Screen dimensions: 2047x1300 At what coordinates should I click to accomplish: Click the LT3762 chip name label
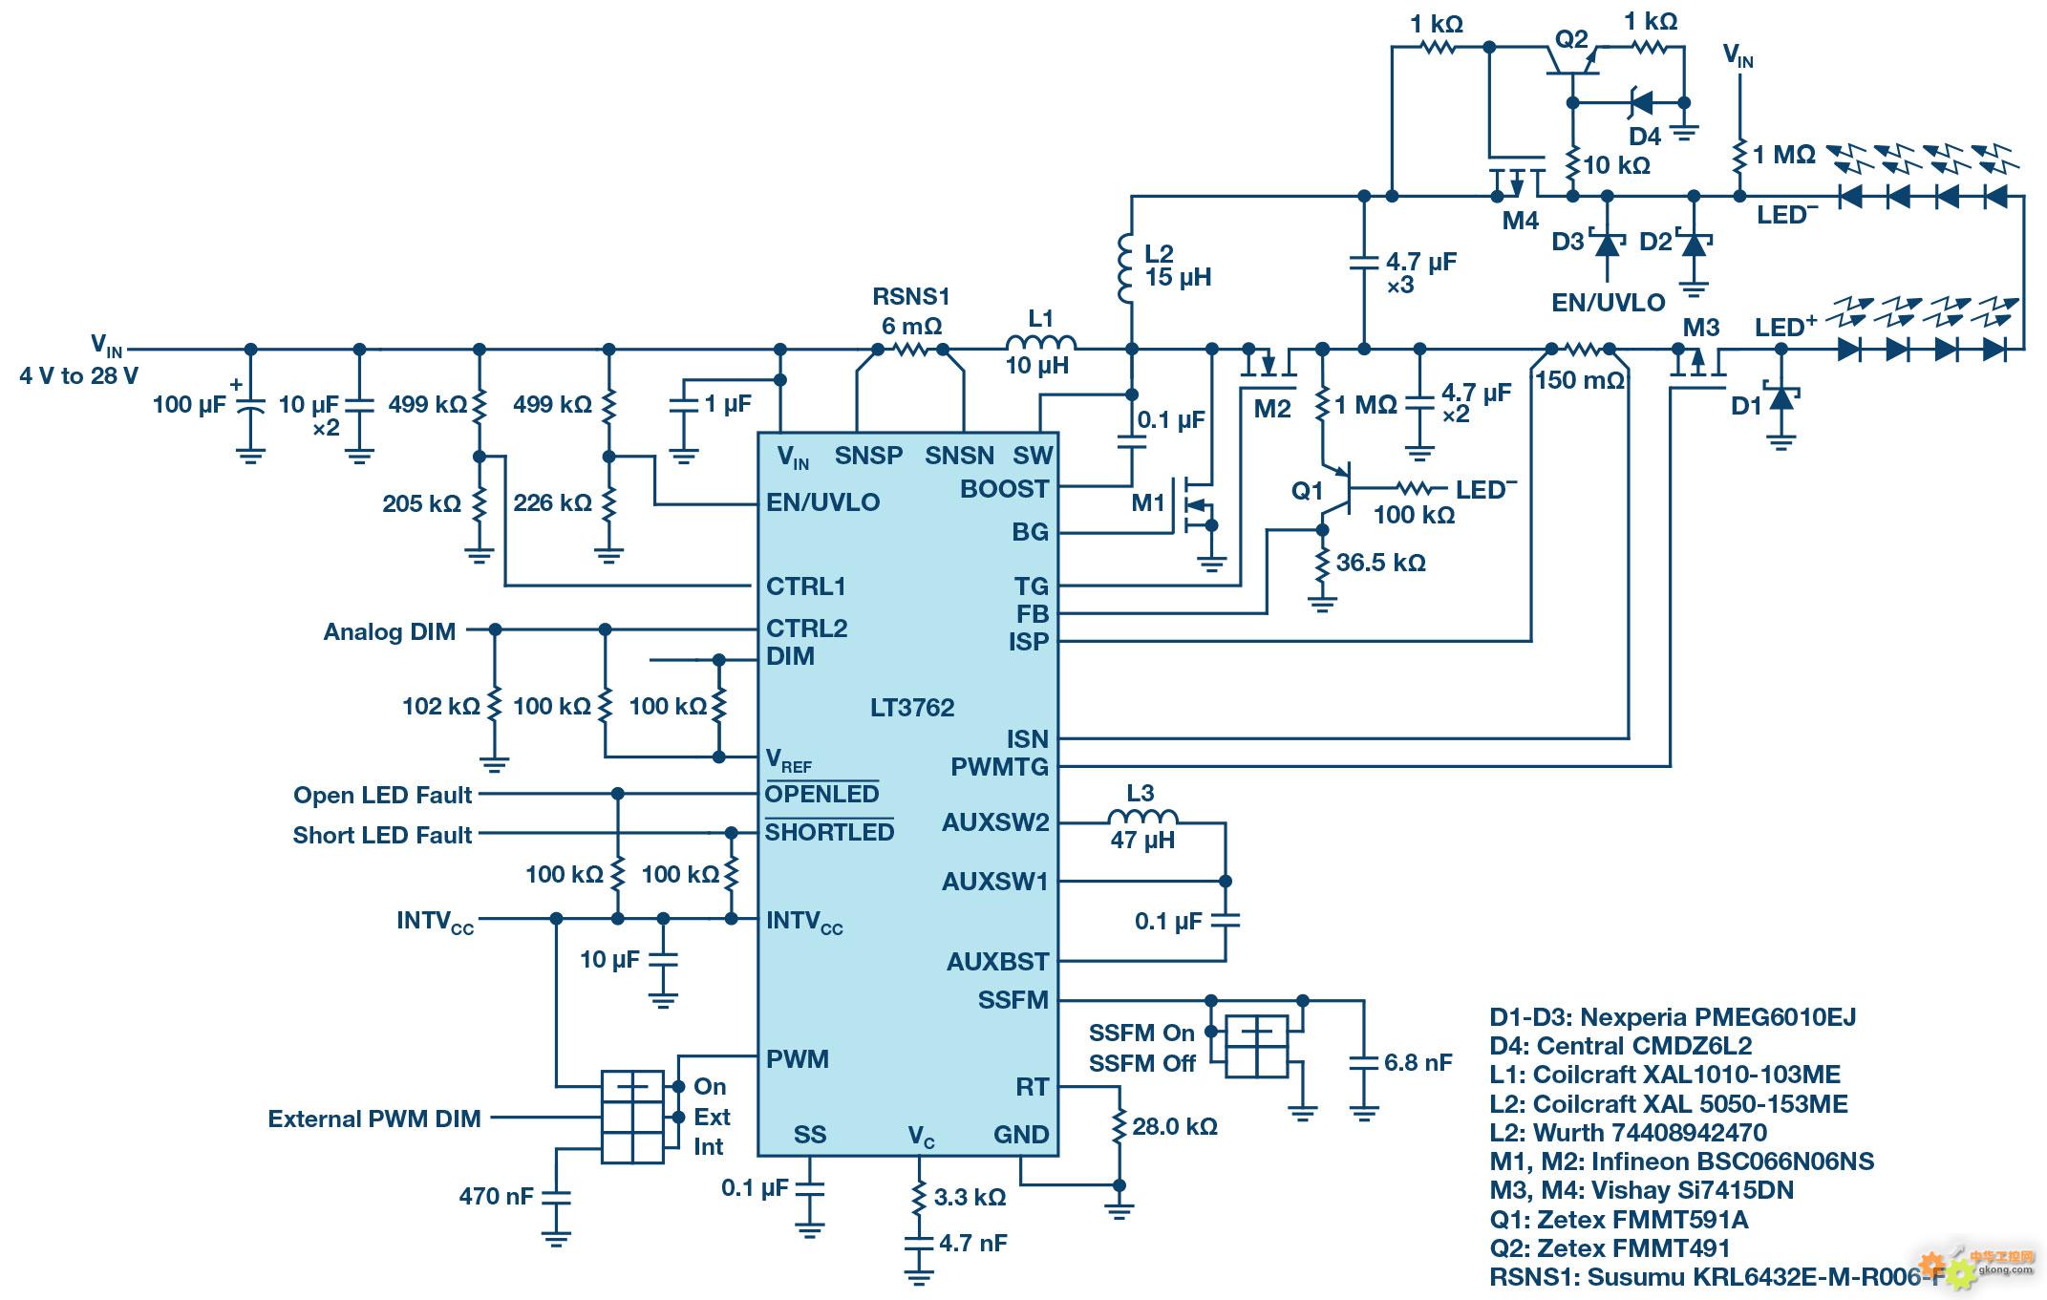point(911,708)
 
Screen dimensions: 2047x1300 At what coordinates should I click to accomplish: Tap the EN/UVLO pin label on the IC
point(822,502)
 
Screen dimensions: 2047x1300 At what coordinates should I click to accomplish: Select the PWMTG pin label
point(999,767)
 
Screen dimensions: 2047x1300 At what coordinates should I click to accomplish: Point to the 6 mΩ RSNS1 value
point(911,327)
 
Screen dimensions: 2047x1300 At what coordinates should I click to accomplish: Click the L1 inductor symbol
point(1040,344)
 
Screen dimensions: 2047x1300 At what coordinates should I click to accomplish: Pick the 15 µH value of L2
point(1178,278)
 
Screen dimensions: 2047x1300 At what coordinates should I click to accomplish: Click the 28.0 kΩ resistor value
point(1175,1127)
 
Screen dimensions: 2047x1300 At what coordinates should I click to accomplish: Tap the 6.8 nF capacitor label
point(1418,1062)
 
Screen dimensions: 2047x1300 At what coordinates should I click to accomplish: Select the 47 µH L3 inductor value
point(1142,841)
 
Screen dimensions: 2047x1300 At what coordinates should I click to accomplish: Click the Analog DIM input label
point(389,632)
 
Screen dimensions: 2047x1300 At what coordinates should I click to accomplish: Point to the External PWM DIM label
point(374,1119)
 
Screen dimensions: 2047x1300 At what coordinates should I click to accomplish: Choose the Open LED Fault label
point(382,796)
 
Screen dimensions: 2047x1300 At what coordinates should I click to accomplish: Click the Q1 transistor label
point(1307,491)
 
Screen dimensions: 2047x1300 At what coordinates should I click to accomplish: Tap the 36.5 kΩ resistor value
point(1380,563)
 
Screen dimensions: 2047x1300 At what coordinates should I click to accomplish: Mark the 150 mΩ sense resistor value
point(1580,380)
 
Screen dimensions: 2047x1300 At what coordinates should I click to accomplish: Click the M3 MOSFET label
point(1700,329)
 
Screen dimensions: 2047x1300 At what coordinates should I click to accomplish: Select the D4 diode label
point(1645,137)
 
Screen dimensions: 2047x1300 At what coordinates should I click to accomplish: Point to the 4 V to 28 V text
point(78,376)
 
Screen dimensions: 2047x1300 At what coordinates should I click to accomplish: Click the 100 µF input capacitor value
point(189,405)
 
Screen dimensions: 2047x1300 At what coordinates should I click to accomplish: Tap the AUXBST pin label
point(997,962)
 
